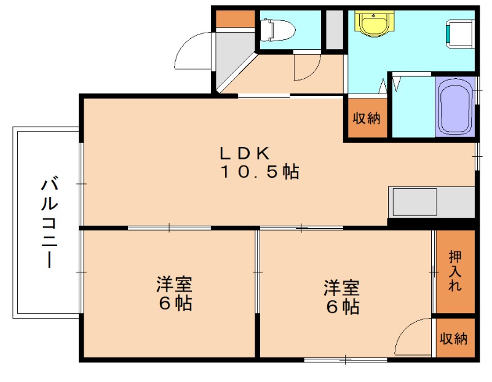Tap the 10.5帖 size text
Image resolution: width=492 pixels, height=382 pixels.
tap(260, 172)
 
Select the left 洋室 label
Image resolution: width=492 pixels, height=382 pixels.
tap(174, 285)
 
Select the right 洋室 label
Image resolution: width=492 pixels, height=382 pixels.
tap(342, 287)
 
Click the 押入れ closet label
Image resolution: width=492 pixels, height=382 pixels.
tap(454, 271)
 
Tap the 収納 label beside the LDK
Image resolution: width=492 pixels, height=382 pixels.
tap(366, 118)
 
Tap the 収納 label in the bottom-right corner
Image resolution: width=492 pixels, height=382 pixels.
tap(454, 338)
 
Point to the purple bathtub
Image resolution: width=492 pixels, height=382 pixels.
tap(455, 107)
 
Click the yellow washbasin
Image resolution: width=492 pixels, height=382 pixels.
tap(373, 25)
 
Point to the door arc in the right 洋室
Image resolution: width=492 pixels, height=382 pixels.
tap(413, 338)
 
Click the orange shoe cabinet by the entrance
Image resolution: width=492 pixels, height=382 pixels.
tap(235, 18)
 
